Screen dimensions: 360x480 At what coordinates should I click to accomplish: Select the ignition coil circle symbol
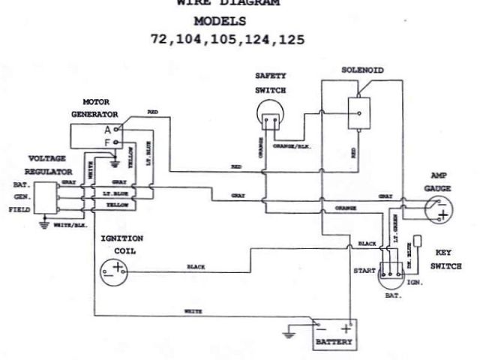[115, 271]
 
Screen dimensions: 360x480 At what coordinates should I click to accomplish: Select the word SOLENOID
[362, 69]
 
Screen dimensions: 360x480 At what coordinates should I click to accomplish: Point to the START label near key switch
[363, 268]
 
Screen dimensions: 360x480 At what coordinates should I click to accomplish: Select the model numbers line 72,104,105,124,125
[228, 38]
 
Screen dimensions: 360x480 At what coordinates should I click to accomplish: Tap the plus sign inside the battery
[346, 328]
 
